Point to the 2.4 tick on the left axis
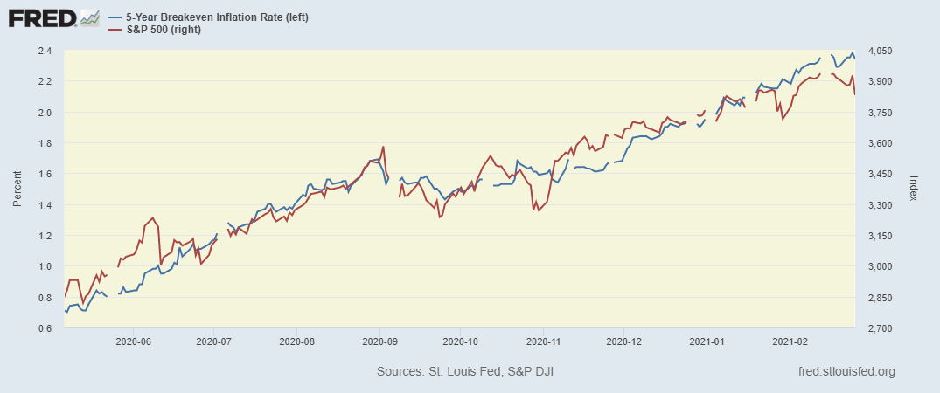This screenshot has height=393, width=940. coord(44,51)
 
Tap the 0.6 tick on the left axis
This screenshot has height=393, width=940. coord(44,328)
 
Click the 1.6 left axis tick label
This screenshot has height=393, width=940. coord(44,174)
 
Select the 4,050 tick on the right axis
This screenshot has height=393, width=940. coord(877,51)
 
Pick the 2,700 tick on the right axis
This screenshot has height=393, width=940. coord(877,328)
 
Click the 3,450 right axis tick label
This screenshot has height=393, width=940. coord(877,174)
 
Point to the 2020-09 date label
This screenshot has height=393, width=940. coord(379,342)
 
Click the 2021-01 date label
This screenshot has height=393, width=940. coord(708,342)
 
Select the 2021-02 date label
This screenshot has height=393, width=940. coord(790,342)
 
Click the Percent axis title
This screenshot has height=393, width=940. coord(17,190)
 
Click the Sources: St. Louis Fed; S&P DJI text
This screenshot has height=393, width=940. coord(465,372)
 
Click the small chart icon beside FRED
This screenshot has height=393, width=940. coord(89,17)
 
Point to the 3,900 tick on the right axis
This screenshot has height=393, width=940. coord(877,81)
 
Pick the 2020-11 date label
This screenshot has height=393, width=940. coord(543,342)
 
